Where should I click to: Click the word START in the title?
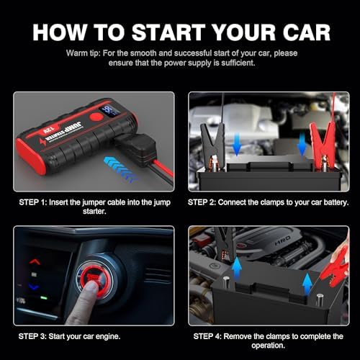[x=168, y=32]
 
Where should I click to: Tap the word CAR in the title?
[x=307, y=32]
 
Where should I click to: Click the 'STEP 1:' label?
[x=33, y=202]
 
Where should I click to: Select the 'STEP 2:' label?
[x=202, y=202]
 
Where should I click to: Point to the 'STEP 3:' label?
[x=32, y=336]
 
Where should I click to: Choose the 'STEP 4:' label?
[x=207, y=336]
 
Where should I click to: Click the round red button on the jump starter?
[x=96, y=117]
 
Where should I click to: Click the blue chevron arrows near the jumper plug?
[x=121, y=170]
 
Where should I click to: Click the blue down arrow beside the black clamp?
[x=237, y=144]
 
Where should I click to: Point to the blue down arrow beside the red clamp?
[x=302, y=144]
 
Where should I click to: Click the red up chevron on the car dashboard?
[x=35, y=261]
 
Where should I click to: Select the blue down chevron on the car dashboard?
[x=34, y=287]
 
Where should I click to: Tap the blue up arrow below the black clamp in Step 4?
[x=237, y=269]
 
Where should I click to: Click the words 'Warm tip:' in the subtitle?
[x=83, y=53]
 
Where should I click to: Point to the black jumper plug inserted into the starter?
[x=136, y=149]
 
